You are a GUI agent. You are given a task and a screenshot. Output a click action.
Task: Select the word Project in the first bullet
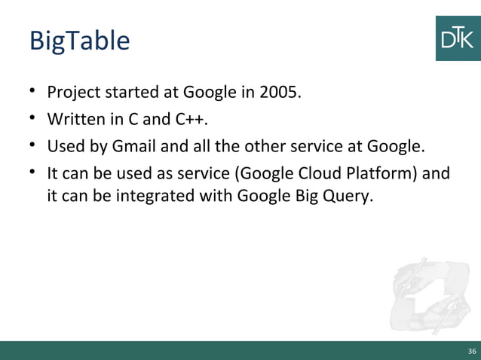[x=73, y=94]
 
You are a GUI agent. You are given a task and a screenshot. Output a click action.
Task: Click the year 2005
[x=279, y=94]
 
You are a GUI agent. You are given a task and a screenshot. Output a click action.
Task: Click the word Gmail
[x=131, y=145]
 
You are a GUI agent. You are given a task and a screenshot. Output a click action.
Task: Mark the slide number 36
[x=472, y=351]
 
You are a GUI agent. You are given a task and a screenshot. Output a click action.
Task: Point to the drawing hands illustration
[x=429, y=294]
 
